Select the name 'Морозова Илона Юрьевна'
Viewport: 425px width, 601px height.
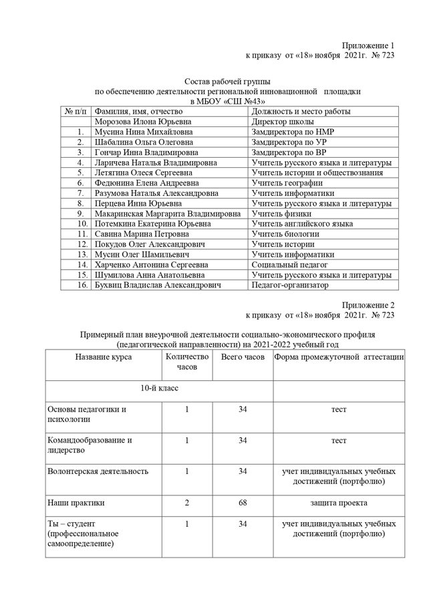click(143, 122)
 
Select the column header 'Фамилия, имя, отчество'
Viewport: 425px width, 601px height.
click(138, 112)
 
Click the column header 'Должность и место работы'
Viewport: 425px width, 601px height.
click(301, 112)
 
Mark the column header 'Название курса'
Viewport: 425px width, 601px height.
click(103, 357)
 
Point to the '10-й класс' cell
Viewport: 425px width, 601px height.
click(158, 388)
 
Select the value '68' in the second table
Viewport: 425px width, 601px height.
click(243, 501)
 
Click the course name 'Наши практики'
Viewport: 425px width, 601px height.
click(76, 501)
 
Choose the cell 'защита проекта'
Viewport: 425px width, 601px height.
click(339, 501)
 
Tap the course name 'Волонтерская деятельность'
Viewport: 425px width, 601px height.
click(98, 471)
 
